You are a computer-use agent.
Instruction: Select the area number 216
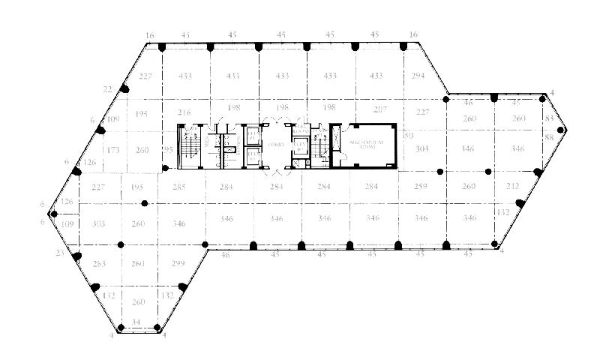pyautogui.click(x=184, y=112)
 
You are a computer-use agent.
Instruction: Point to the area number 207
pyautogui.click(x=380, y=109)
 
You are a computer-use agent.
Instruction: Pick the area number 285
pyautogui.click(x=178, y=187)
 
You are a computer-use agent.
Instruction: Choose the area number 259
pyautogui.click(x=420, y=187)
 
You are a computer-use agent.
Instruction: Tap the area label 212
pyautogui.click(x=512, y=187)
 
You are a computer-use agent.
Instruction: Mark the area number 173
pyautogui.click(x=112, y=151)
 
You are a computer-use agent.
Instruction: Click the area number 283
pyautogui.click(x=100, y=263)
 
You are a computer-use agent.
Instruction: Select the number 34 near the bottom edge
pyautogui.click(x=136, y=322)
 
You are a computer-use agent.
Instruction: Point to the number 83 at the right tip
pyautogui.click(x=549, y=119)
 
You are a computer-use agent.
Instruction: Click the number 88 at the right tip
pyautogui.click(x=549, y=137)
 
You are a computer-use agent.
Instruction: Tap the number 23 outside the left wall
pyautogui.click(x=59, y=253)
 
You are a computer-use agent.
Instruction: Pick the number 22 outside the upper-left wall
pyautogui.click(x=107, y=89)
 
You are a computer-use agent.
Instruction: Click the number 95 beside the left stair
pyautogui.click(x=169, y=151)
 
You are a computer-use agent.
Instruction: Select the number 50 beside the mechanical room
pyautogui.click(x=409, y=136)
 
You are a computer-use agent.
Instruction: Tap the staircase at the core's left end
pyautogui.click(x=188, y=145)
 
